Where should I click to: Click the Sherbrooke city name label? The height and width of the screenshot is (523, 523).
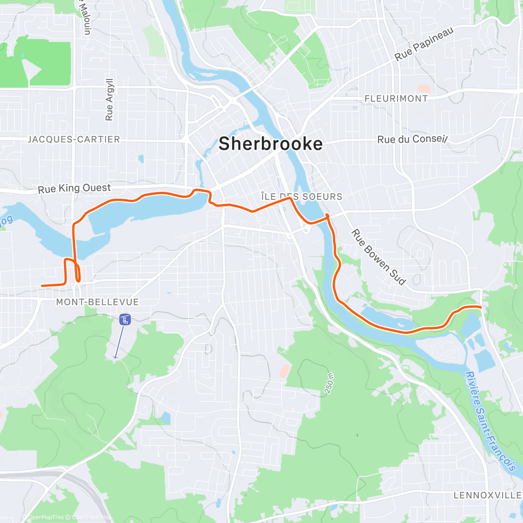coord(270,144)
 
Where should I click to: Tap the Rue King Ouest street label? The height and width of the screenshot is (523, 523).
coord(74,188)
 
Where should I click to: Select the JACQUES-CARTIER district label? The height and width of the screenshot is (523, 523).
coord(74,139)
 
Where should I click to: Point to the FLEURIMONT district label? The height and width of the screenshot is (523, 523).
coord(396,99)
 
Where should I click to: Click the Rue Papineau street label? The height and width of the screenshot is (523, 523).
coord(424,44)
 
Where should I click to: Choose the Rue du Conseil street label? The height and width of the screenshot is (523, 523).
coord(412,139)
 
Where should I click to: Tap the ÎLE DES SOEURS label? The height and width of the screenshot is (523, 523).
coord(302,197)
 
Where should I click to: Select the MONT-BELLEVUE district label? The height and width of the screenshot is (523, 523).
coord(97,302)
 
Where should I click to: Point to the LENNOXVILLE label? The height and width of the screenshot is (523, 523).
coord(487,495)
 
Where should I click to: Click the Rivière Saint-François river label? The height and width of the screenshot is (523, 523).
coord(490,421)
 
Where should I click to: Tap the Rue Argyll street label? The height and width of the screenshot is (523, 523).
coord(109,99)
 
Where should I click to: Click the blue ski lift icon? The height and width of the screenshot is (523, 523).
coord(125,320)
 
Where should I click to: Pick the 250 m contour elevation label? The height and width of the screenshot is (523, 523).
coord(329,383)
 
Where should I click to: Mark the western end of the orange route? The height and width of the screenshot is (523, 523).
coord(42,286)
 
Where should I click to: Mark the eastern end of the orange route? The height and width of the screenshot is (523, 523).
coord(480,307)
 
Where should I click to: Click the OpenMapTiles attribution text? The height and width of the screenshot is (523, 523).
coord(46,517)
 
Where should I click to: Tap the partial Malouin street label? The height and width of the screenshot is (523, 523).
coord(85,17)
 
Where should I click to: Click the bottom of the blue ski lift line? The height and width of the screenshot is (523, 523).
coord(115,357)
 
